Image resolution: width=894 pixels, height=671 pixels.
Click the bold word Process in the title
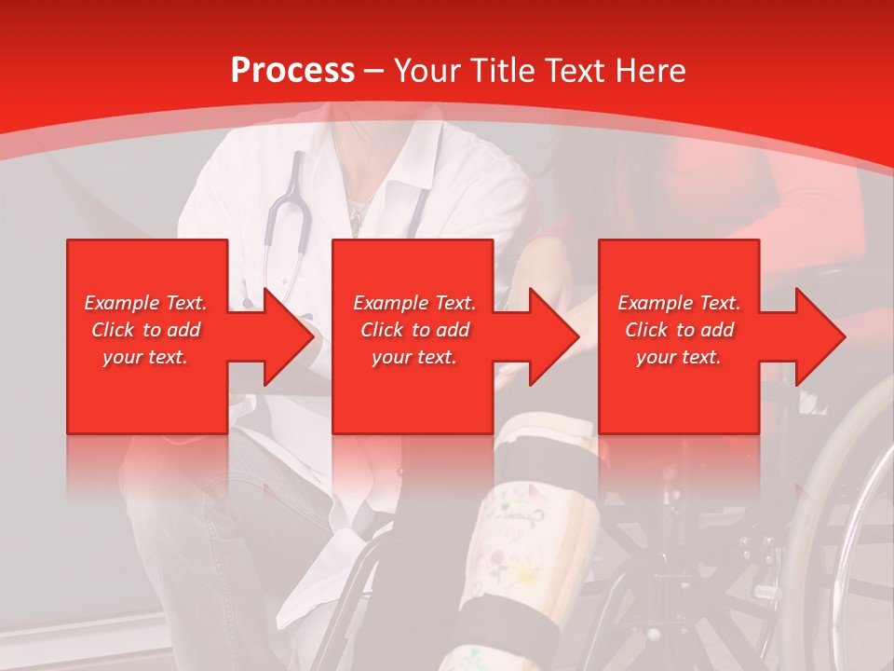[x=292, y=71]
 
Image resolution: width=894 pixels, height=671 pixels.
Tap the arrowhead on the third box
[x=819, y=336]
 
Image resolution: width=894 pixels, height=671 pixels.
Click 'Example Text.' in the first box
[x=145, y=303]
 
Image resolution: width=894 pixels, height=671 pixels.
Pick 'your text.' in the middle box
[x=413, y=357]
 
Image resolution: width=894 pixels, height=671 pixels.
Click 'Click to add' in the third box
[x=679, y=330]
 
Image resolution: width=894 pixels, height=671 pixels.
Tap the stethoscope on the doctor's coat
[x=285, y=224]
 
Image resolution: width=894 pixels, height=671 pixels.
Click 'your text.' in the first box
[x=145, y=357]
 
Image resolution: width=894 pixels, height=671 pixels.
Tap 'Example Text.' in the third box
[x=679, y=303]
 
